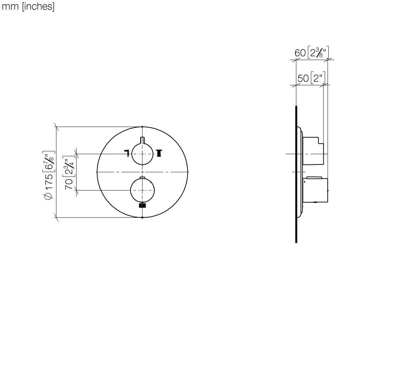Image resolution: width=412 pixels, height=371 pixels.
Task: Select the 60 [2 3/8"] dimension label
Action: pyautogui.click(x=311, y=53)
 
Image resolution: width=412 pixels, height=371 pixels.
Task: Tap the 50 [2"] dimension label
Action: pyautogui.click(x=311, y=78)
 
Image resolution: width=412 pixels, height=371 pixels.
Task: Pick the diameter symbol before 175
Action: pyautogui.click(x=49, y=196)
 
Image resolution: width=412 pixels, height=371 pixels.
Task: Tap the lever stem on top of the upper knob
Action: pyautogui.click(x=143, y=140)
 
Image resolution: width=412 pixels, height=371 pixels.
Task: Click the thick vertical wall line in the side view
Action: pyautogui.click(x=296, y=174)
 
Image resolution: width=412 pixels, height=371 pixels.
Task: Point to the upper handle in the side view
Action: pyautogui.click(x=313, y=150)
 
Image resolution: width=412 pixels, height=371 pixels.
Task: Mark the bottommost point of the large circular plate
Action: pyautogui.click(x=143, y=217)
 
